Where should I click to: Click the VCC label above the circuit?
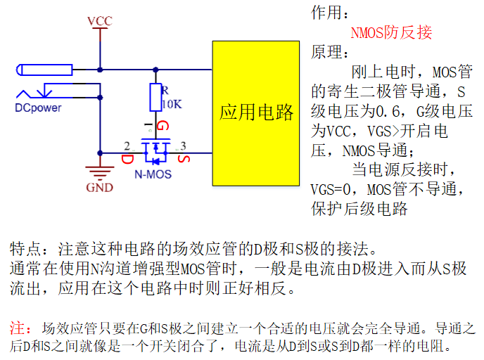pos(99,21)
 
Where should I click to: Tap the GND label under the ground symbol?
pos(99,188)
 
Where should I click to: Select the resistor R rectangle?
pos(155,97)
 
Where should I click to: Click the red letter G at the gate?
pos(163,127)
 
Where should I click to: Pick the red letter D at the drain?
pos(127,160)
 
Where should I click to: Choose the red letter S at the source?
pos(184,160)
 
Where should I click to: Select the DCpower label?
pos(38,108)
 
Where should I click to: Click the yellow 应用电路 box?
pos(256,112)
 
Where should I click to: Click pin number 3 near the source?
pos(184,146)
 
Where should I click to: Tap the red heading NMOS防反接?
pos(391,32)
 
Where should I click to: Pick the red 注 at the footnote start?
pos(17,328)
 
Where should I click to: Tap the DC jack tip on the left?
pos(20,70)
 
